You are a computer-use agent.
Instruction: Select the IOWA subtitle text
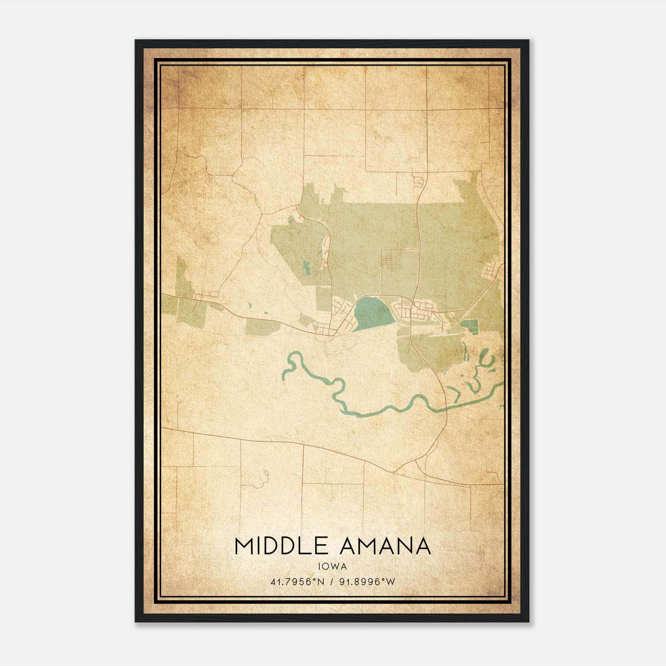(x=332, y=566)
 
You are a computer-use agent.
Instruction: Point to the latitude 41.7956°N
(x=297, y=582)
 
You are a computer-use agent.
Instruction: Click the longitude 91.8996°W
(x=367, y=582)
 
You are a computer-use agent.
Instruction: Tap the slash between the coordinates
(x=332, y=582)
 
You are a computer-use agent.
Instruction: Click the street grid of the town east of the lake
(x=416, y=310)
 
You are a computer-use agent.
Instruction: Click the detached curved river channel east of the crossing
(x=485, y=358)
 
